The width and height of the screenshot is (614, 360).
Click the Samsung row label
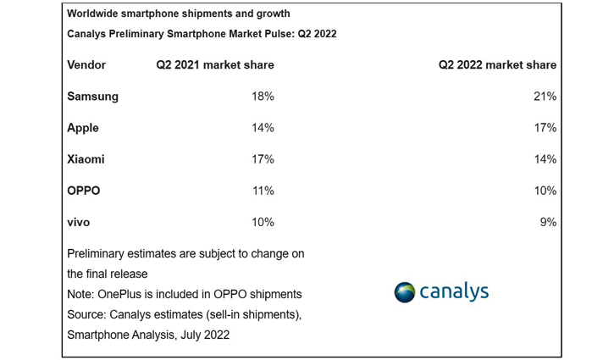click(x=92, y=97)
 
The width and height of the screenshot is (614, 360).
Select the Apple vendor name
click(x=83, y=128)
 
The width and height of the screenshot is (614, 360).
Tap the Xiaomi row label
click(x=86, y=159)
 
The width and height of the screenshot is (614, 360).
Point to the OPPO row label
click(x=84, y=191)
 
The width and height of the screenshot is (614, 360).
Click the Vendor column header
click(x=86, y=65)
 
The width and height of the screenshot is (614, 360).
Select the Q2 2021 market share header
click(x=214, y=65)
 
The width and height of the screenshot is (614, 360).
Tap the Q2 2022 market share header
click(x=497, y=65)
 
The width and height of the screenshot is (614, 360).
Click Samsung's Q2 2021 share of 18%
click(x=262, y=97)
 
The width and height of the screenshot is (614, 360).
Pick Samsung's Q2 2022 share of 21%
click(x=544, y=97)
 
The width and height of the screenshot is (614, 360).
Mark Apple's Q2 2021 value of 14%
click(x=262, y=128)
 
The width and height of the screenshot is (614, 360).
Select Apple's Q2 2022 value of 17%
click(x=544, y=128)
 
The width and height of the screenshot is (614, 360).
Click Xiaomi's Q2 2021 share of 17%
click(x=262, y=159)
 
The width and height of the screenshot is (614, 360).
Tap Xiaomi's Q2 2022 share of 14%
click(x=544, y=159)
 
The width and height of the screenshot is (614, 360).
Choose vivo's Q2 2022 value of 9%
click(x=547, y=222)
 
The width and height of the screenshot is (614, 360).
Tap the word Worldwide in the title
click(x=95, y=14)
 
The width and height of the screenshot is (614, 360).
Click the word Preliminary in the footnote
click(x=99, y=253)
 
